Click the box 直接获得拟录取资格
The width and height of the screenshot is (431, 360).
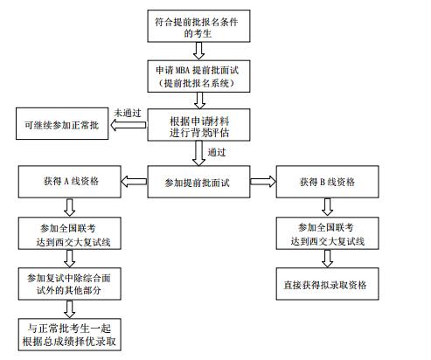pos(326,285)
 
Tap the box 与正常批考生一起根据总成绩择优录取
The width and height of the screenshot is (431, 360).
pos(69,335)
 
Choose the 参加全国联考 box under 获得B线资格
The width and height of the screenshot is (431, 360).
pos(326,233)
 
